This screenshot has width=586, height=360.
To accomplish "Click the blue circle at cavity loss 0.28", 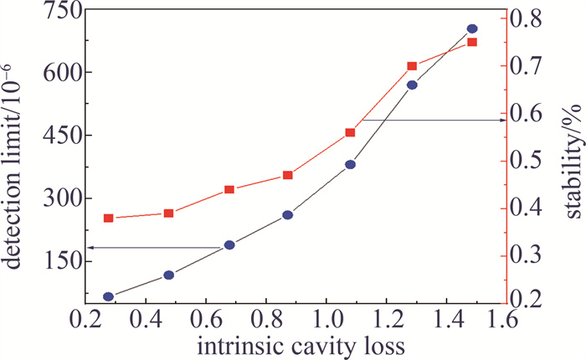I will point(108,296).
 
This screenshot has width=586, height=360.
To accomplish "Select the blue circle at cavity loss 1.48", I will point(472,29).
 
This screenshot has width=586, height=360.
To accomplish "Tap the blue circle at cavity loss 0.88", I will point(288,215).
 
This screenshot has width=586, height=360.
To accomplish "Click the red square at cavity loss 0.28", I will point(108,219).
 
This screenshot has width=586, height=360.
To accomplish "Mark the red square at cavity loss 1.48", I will point(472,42).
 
